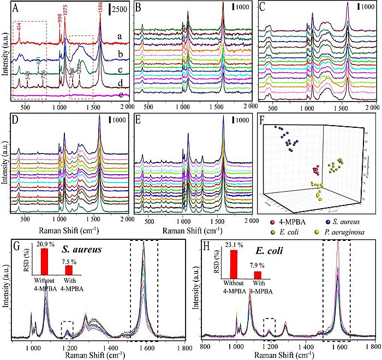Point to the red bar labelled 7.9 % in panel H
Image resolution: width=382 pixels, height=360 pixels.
pyautogui.click(x=258, y=275)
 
